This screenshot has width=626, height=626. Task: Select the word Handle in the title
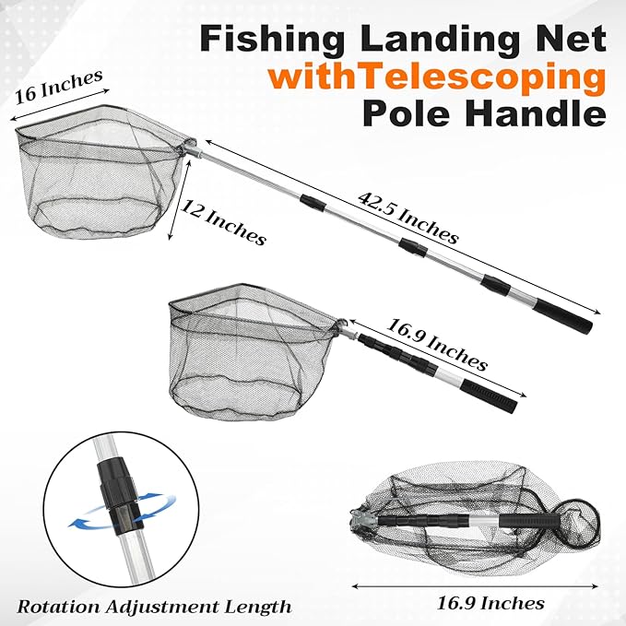pyautogui.click(x=536, y=114)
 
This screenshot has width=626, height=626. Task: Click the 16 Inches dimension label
pyautogui.click(x=59, y=87)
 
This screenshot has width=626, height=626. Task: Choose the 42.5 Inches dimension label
pyautogui.click(x=408, y=218)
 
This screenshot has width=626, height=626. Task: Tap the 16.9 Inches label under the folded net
pyautogui.click(x=490, y=602)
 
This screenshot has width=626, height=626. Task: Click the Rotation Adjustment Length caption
pyautogui.click(x=154, y=608)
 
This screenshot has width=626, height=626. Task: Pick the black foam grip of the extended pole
pyautogui.click(x=563, y=317)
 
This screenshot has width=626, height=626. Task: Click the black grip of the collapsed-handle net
pyautogui.click(x=490, y=396)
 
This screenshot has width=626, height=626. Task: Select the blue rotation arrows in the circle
pyautogui.click(x=122, y=512)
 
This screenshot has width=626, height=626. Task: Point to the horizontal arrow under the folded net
pyautogui.click(x=475, y=586)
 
